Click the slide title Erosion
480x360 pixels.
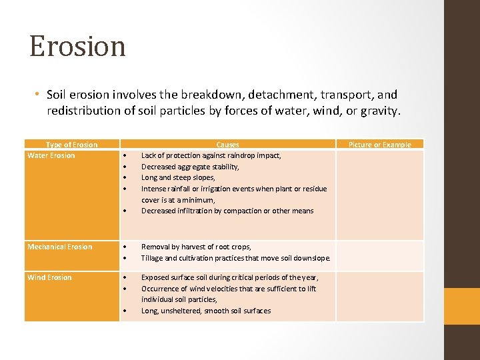pos(77,47)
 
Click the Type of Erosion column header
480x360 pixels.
pos(71,145)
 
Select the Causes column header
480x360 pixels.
pos(227,145)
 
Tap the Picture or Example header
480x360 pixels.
pos(379,145)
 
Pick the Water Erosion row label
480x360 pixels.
pos(51,156)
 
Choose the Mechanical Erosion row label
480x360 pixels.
pos(60,247)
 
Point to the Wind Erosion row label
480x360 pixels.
pos(49,278)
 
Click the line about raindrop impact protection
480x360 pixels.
pos(211,156)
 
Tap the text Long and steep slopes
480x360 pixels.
pos(178,178)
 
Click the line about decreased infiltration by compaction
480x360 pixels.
pos(227,211)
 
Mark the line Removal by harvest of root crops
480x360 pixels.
pos(196,247)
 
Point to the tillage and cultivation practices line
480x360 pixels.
pos(235,259)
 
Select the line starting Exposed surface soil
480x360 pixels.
pos(229,278)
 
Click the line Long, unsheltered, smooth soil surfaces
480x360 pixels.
pos(206,311)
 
